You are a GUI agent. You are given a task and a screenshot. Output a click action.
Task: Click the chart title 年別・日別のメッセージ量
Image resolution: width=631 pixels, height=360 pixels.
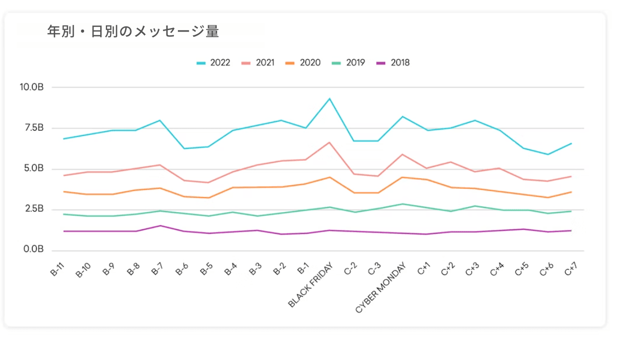tap(133, 32)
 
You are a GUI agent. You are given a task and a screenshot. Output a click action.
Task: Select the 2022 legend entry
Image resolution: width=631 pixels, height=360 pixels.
tap(213, 63)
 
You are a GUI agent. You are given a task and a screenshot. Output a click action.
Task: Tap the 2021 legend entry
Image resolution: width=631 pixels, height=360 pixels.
tap(258, 63)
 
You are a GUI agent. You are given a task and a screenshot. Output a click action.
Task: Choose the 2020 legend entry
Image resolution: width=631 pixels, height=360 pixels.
tap(303, 63)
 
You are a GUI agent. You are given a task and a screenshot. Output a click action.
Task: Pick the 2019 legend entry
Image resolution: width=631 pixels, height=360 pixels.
tap(348, 63)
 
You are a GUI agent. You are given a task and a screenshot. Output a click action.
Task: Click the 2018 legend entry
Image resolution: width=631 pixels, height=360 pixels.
tap(393, 63)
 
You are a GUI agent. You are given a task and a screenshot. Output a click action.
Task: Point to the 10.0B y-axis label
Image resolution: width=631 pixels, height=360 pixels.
tap(32, 87)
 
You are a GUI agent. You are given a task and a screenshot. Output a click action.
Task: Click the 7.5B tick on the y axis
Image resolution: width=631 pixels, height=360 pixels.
tap(34, 128)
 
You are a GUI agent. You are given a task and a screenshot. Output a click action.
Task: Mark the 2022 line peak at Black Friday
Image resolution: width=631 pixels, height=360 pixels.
tap(330, 99)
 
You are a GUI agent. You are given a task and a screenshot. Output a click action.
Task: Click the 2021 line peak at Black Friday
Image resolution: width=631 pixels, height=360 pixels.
tap(330, 142)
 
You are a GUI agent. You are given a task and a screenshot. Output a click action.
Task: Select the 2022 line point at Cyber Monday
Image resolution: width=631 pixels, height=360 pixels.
tap(402, 116)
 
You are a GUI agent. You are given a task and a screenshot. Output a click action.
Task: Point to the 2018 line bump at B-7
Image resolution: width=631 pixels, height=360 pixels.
tap(160, 226)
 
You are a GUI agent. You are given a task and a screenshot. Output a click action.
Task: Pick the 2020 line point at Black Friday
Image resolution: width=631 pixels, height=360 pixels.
tap(330, 177)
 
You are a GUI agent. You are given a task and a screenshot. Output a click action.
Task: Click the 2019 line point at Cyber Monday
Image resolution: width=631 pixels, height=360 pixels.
tap(402, 204)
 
